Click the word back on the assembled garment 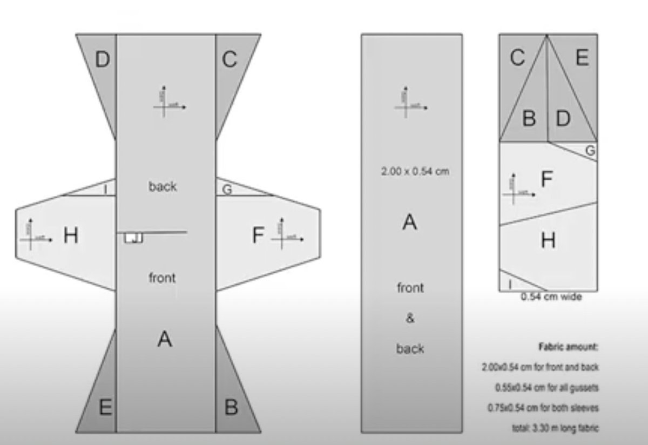tap(163, 186)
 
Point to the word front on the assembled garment tap(163, 278)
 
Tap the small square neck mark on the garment tap(133, 238)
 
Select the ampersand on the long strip tap(410, 318)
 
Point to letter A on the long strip tap(410, 221)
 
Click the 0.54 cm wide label tap(551, 296)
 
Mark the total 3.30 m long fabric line tap(555, 427)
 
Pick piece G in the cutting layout tap(590, 151)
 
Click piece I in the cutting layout tap(510, 282)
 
